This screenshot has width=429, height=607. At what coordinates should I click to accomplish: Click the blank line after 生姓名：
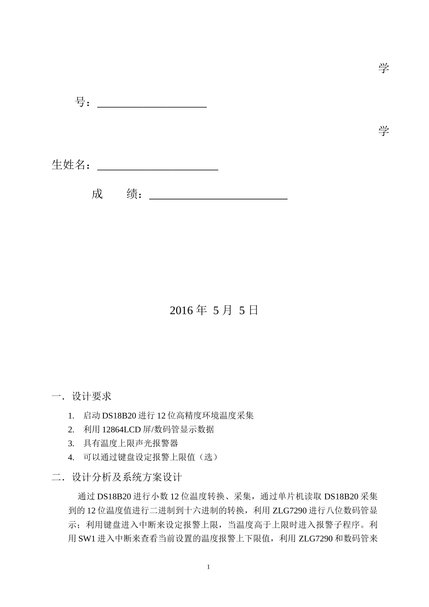point(158,168)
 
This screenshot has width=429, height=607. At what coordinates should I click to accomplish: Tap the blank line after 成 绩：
point(218,196)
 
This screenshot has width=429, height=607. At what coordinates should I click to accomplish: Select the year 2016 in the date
point(182,311)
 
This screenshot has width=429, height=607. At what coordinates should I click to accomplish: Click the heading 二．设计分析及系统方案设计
point(117,477)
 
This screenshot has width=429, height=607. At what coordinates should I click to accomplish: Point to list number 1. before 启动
point(71,416)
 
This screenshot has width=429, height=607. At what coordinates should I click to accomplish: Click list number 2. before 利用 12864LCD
point(71,430)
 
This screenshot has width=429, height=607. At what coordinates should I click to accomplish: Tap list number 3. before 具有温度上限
point(71,444)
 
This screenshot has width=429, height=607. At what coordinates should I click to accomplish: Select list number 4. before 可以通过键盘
point(71,458)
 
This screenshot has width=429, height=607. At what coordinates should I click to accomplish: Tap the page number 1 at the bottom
point(208,567)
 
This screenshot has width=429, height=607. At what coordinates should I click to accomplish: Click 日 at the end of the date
point(253,311)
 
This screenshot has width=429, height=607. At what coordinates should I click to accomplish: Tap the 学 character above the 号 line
point(383,69)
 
